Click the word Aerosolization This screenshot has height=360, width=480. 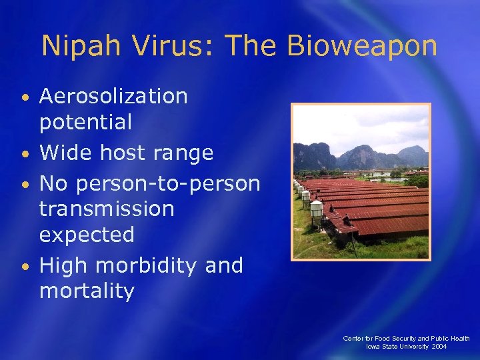[x=113, y=97]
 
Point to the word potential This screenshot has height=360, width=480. [x=86, y=122]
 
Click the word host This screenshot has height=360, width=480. [x=124, y=153]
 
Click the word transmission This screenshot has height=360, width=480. [x=107, y=209]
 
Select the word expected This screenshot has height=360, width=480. [x=87, y=235]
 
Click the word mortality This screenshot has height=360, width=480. [x=87, y=291]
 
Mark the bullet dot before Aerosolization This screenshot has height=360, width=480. [x=25, y=99]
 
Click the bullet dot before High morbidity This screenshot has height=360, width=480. [x=25, y=267]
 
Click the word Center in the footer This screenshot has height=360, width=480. [x=353, y=339]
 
